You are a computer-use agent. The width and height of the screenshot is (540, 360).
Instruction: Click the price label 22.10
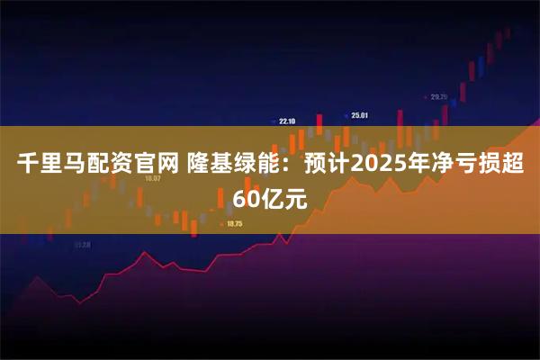[288, 121]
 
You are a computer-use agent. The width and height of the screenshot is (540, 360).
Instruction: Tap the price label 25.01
[360, 115]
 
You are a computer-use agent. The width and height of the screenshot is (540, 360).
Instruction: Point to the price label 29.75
[438, 96]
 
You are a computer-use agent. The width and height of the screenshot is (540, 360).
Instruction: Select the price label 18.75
[236, 223]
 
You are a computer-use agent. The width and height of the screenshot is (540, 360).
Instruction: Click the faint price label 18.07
[152, 178]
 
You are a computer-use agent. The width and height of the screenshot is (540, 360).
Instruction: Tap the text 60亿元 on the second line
[270, 198]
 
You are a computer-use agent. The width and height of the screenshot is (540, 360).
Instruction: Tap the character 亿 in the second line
[271, 198]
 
